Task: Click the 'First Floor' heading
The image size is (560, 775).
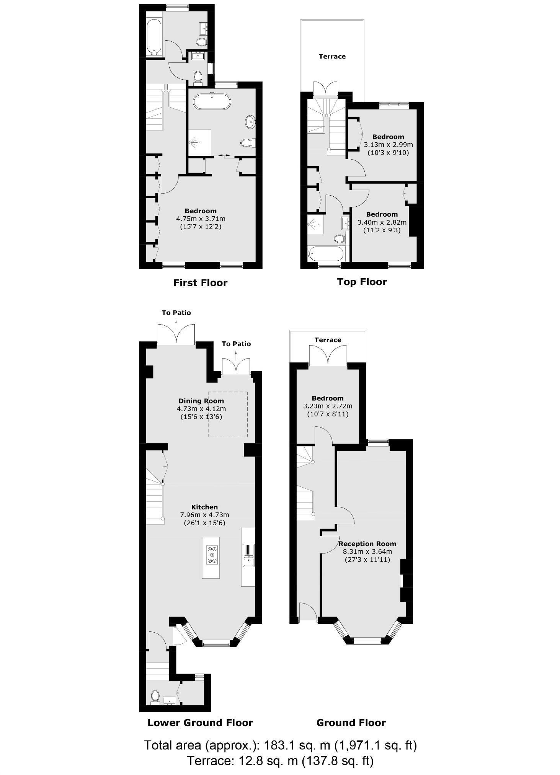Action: [x=200, y=283]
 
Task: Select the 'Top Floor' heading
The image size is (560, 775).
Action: [x=362, y=282]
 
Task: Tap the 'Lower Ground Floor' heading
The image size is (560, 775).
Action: [x=200, y=723]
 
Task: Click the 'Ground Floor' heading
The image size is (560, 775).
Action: [x=351, y=723]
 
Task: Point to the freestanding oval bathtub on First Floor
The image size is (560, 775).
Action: [x=212, y=102]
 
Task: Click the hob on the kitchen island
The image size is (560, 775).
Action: [x=212, y=555]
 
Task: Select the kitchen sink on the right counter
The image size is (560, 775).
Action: [x=248, y=555]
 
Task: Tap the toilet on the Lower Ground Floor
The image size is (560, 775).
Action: [x=155, y=695]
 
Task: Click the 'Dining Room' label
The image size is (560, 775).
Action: [x=201, y=401]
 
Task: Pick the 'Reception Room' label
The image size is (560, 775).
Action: [x=367, y=544]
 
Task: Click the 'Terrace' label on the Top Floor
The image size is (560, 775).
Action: [x=332, y=57]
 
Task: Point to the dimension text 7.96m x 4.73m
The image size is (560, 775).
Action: [x=204, y=515]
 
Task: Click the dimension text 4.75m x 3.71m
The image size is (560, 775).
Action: [x=201, y=219]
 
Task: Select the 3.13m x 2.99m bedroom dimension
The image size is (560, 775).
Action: [x=388, y=145]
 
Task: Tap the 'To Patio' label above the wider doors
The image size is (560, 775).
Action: [x=176, y=313]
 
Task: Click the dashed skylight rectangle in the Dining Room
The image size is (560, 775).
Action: [x=228, y=414]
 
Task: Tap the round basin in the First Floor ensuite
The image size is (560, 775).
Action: [x=250, y=122]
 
